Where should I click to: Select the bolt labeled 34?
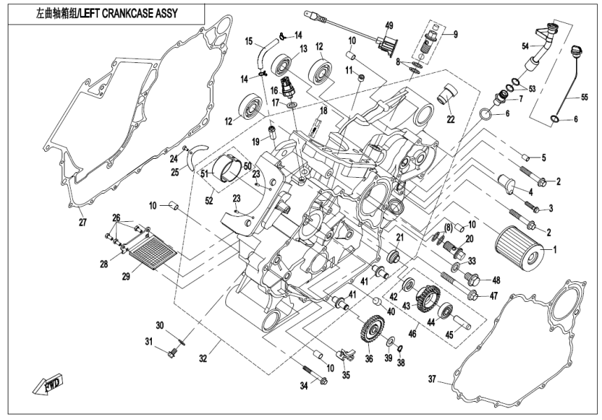tap(311, 374)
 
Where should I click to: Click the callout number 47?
tap(493, 296)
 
